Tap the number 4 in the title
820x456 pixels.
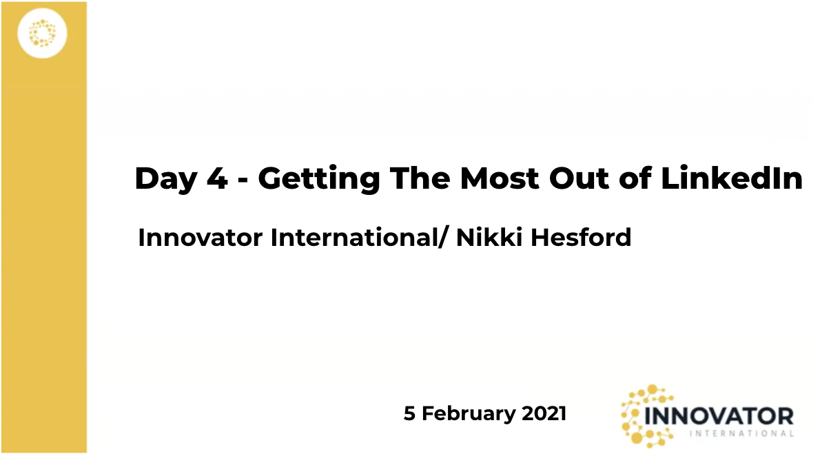click(217, 178)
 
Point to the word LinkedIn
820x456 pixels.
click(732, 178)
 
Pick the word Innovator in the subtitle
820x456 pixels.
click(201, 238)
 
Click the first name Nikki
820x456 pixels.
click(489, 237)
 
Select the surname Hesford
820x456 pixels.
click(581, 237)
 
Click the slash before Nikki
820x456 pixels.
click(444, 238)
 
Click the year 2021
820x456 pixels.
click(544, 414)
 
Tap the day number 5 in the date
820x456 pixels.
click(409, 414)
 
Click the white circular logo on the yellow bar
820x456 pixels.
click(42, 33)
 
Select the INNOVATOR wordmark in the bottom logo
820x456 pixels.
click(719, 417)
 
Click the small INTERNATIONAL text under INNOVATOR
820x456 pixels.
click(741, 433)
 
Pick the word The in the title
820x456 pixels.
click(420, 178)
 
